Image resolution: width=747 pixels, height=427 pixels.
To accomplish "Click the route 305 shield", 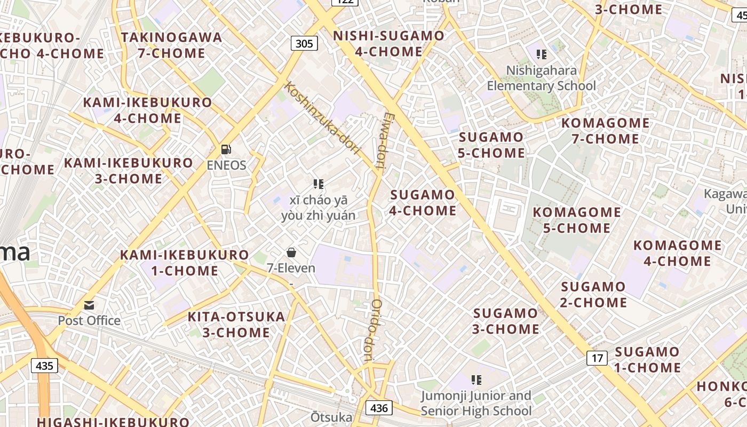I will pyautogui.click(x=304, y=43).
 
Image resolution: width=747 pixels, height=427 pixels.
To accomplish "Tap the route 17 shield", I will pyautogui.click(x=597, y=358).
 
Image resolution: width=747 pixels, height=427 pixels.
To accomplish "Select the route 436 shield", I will pyautogui.click(x=379, y=408).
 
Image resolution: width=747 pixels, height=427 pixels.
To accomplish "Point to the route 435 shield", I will pyautogui.click(x=45, y=366).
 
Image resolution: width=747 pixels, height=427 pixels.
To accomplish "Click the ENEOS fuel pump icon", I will pyautogui.click(x=226, y=149).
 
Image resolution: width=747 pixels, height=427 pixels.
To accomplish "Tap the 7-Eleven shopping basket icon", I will pyautogui.click(x=291, y=252).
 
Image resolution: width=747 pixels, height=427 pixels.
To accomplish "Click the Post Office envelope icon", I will pyautogui.click(x=89, y=305).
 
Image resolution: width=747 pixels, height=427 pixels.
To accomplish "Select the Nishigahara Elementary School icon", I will pyautogui.click(x=542, y=54).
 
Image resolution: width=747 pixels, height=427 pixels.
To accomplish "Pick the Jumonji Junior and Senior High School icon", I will pyautogui.click(x=476, y=380).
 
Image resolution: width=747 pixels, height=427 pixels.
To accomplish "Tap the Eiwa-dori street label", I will pyautogui.click(x=384, y=140).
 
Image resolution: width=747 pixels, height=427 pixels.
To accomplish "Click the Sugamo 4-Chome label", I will pyautogui.click(x=423, y=203).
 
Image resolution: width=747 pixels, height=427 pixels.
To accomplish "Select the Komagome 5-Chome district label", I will pyautogui.click(x=577, y=220).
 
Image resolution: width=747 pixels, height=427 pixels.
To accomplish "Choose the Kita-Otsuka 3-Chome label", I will pyautogui.click(x=236, y=325).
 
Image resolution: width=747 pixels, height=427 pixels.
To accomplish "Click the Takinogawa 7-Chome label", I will pyautogui.click(x=171, y=45).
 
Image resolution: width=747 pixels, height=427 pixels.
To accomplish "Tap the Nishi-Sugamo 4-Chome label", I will pyautogui.click(x=388, y=44).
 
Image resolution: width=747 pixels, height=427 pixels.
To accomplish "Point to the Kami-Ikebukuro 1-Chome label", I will pyautogui.click(x=185, y=263).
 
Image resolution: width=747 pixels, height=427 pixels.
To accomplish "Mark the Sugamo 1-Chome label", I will pyautogui.click(x=647, y=360).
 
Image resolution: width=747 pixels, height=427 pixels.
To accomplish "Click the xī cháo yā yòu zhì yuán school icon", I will pyautogui.click(x=319, y=185).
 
